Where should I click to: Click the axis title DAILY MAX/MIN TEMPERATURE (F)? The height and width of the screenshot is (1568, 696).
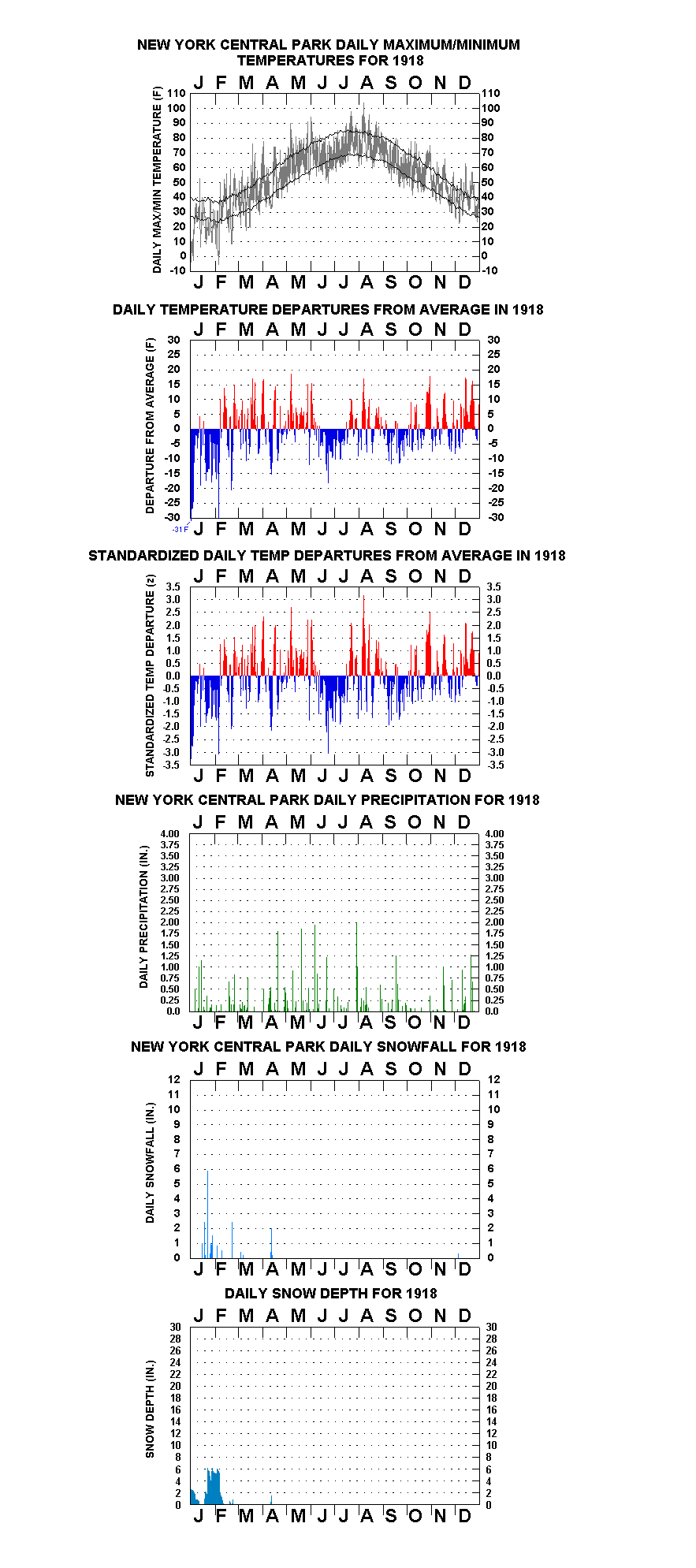coord(157,180)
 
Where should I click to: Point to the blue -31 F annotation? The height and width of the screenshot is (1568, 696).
coord(181,529)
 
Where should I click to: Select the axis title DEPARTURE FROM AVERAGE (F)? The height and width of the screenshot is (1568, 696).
coord(150,426)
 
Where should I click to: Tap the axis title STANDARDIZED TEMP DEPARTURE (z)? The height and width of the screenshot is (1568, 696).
coord(150,676)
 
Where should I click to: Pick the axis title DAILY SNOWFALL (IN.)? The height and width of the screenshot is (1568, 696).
coord(150,1163)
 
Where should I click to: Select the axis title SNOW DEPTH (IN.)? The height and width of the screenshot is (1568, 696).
coord(150,1409)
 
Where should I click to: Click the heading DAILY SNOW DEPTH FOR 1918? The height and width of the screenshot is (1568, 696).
coord(330,1293)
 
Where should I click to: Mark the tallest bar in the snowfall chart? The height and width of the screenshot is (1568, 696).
coord(208,1214)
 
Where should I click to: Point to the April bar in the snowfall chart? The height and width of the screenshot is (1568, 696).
coord(271,1243)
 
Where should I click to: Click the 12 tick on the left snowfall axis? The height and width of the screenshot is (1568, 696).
coord(174,1079)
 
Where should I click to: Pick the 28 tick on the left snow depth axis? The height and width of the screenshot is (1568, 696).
coord(175,1339)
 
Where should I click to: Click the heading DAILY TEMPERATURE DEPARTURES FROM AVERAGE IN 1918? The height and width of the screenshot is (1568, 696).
coord(328,310)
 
